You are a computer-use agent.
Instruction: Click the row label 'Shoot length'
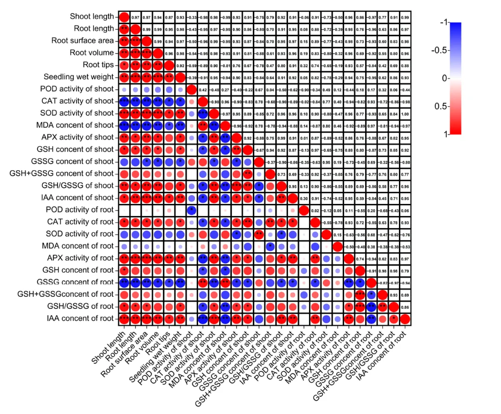(x=91, y=17)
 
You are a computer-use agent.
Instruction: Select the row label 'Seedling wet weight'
(x=78, y=76)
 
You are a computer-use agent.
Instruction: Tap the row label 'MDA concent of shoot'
(x=75, y=125)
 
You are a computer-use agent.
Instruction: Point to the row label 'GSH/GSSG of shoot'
(x=78, y=185)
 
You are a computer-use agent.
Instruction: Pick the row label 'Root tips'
(x=98, y=64)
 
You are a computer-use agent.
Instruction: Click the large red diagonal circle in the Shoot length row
(x=124, y=17)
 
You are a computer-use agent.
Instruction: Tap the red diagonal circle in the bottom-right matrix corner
(x=405, y=319)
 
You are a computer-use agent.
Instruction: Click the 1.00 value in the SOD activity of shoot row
(x=405, y=114)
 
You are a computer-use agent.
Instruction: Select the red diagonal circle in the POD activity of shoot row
(x=191, y=89)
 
